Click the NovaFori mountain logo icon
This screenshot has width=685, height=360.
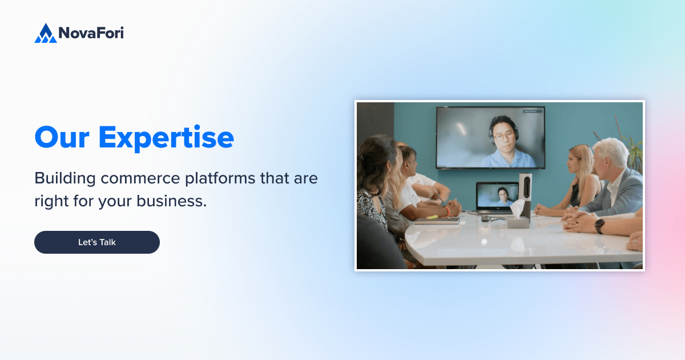(x=45, y=33)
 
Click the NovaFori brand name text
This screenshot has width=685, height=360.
(x=91, y=33)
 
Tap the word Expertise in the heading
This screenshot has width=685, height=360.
(x=166, y=137)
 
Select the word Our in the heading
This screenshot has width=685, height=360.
(x=61, y=137)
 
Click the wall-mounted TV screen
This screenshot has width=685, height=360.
(x=490, y=137)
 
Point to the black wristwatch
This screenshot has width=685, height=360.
(x=599, y=226)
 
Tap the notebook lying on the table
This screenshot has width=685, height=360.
(x=437, y=221)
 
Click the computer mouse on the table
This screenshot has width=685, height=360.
(x=485, y=218)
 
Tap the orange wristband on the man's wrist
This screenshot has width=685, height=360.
(x=448, y=211)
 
